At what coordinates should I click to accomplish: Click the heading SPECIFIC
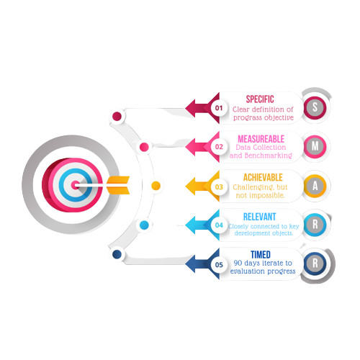260,99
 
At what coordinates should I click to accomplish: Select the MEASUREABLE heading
261,139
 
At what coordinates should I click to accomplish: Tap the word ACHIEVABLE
263,178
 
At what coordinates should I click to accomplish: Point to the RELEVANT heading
259,217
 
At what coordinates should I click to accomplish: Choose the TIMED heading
261,255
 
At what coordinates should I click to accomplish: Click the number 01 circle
219,108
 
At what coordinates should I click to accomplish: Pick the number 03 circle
219,186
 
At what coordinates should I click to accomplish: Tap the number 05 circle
219,265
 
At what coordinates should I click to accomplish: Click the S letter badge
315,107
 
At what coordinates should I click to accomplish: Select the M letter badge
315,146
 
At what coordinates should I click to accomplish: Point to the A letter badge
315,186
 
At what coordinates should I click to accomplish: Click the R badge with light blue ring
315,225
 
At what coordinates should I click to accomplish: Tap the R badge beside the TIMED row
315,264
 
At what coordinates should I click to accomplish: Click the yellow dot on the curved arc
156,186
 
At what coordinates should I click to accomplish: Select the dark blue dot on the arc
117,254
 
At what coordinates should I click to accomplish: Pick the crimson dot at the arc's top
117,117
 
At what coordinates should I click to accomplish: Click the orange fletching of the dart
118,185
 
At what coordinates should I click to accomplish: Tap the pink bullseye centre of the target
75,185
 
